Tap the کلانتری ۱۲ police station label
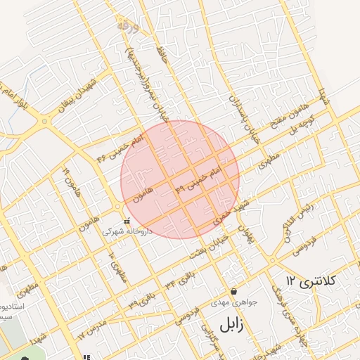311,282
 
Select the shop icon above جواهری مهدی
233,291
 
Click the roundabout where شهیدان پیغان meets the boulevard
44,122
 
